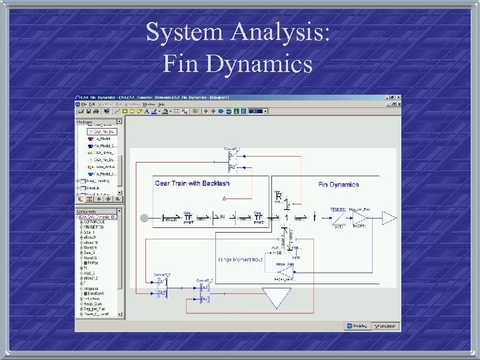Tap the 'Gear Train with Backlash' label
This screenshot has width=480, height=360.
point(191,183)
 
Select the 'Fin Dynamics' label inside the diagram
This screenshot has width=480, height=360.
point(339,185)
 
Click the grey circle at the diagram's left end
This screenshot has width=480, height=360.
point(143,218)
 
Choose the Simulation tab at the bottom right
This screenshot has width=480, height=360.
point(385,326)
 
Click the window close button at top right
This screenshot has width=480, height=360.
point(399,98)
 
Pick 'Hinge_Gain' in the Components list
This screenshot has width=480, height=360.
point(93,304)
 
